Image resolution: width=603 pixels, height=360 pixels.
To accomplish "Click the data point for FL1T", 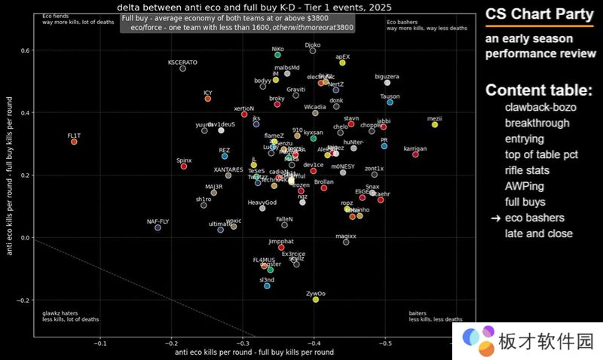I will (x=74, y=142).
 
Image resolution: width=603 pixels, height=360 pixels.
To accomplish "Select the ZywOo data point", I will (x=316, y=299).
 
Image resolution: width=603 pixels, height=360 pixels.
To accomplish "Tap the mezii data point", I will (x=434, y=124).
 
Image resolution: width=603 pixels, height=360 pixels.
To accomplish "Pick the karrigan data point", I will (x=415, y=154).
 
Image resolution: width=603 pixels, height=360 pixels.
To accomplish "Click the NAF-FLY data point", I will (x=158, y=227).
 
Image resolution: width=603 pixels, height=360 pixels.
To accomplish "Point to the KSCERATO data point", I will (x=182, y=69).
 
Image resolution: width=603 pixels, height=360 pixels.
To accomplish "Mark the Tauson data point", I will (x=390, y=102).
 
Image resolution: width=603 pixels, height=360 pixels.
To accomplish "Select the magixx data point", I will (x=346, y=242).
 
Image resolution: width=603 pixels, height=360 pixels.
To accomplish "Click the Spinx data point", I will (x=184, y=166).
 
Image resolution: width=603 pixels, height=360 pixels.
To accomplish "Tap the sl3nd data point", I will (x=267, y=285).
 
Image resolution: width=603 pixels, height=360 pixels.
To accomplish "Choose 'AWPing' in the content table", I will (x=524, y=186).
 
